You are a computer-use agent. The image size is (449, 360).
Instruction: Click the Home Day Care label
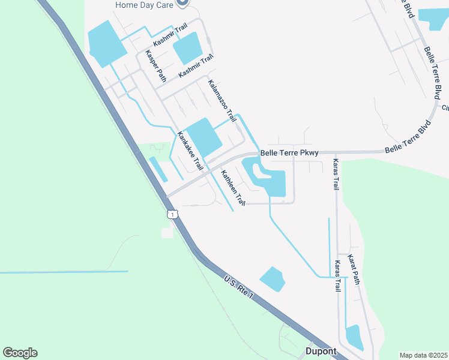pos(144,5)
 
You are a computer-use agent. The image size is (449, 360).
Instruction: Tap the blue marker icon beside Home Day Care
pos(183,3)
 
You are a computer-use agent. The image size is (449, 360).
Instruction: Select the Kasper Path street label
pos(154,66)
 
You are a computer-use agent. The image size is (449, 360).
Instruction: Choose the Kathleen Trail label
pos(232,188)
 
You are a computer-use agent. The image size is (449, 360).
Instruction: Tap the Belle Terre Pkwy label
pos(289,153)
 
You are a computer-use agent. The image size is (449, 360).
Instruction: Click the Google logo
pos(20,352)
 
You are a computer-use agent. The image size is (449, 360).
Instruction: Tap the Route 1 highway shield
pos(172,214)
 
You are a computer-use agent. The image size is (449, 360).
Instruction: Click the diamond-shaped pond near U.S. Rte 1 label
pos(273,279)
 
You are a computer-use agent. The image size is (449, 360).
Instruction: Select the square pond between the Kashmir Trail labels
pos(188,48)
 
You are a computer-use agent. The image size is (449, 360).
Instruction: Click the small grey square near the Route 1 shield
pos(167,233)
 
